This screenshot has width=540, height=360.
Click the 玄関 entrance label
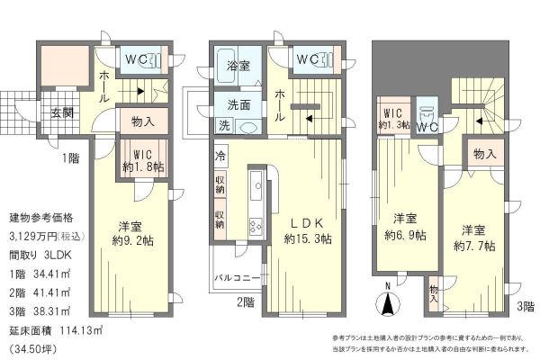pyautogui.click(x=62, y=112)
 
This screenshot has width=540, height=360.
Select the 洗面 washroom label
pyautogui.click(x=238, y=103)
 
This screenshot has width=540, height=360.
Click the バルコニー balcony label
pyautogui.click(x=238, y=277)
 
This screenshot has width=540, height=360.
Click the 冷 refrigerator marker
pyautogui.click(x=220, y=155)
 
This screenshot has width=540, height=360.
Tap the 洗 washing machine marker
pyautogui.click(x=223, y=125)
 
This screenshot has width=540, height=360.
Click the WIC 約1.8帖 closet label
pyautogui.click(x=144, y=160)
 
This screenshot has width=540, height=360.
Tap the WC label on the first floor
pyautogui.click(x=138, y=61)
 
